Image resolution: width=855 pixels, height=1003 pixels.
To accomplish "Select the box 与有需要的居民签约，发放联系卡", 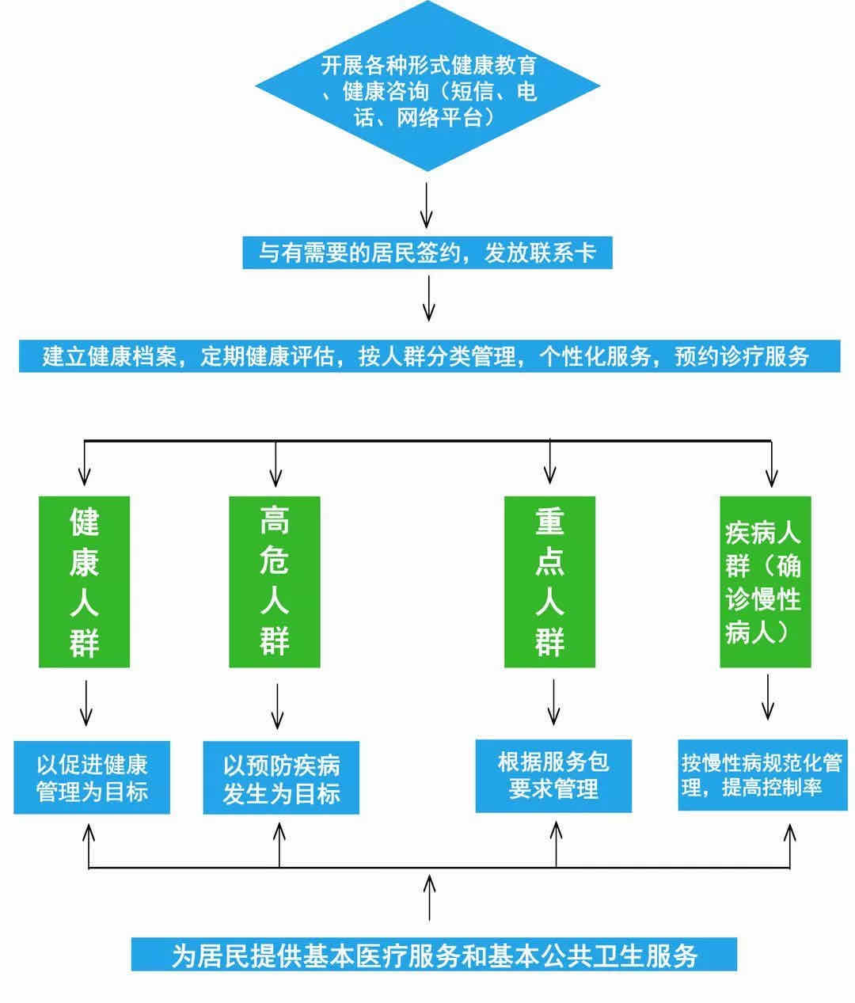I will pyautogui.click(x=427, y=253).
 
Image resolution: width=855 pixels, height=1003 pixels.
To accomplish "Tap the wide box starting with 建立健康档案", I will pyautogui.click(x=427, y=356).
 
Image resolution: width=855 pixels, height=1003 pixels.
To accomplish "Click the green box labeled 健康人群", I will pyautogui.click(x=84, y=582).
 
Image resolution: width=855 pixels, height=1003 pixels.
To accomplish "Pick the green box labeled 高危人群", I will pyautogui.click(x=275, y=582).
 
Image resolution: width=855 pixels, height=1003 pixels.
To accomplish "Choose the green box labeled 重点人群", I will pyautogui.click(x=549, y=582).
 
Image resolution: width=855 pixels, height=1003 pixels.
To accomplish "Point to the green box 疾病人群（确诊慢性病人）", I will pyautogui.click(x=765, y=582).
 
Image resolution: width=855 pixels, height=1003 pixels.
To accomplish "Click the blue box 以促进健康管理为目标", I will pyautogui.click(x=92, y=777).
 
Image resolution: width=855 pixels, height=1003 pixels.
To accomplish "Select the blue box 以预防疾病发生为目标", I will pyautogui.click(x=281, y=777).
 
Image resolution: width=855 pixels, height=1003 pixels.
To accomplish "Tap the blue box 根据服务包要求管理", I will pyautogui.click(x=553, y=776).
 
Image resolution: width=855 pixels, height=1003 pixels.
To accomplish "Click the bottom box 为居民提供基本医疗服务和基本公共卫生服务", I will pyautogui.click(x=434, y=955).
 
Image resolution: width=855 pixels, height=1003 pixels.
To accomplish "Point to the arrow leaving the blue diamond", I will pyautogui.click(x=427, y=204).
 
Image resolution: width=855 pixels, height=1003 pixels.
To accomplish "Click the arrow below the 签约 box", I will pyautogui.click(x=428, y=298).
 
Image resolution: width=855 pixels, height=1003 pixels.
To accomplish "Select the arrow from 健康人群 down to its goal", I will pyautogui.click(x=86, y=703).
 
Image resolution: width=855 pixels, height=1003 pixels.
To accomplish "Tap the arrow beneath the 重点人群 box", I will pyautogui.click(x=553, y=701).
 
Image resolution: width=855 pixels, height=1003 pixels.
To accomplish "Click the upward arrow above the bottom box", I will pyautogui.click(x=430, y=897).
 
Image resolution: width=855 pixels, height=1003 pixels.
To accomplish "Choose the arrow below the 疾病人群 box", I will pyautogui.click(x=766, y=697).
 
